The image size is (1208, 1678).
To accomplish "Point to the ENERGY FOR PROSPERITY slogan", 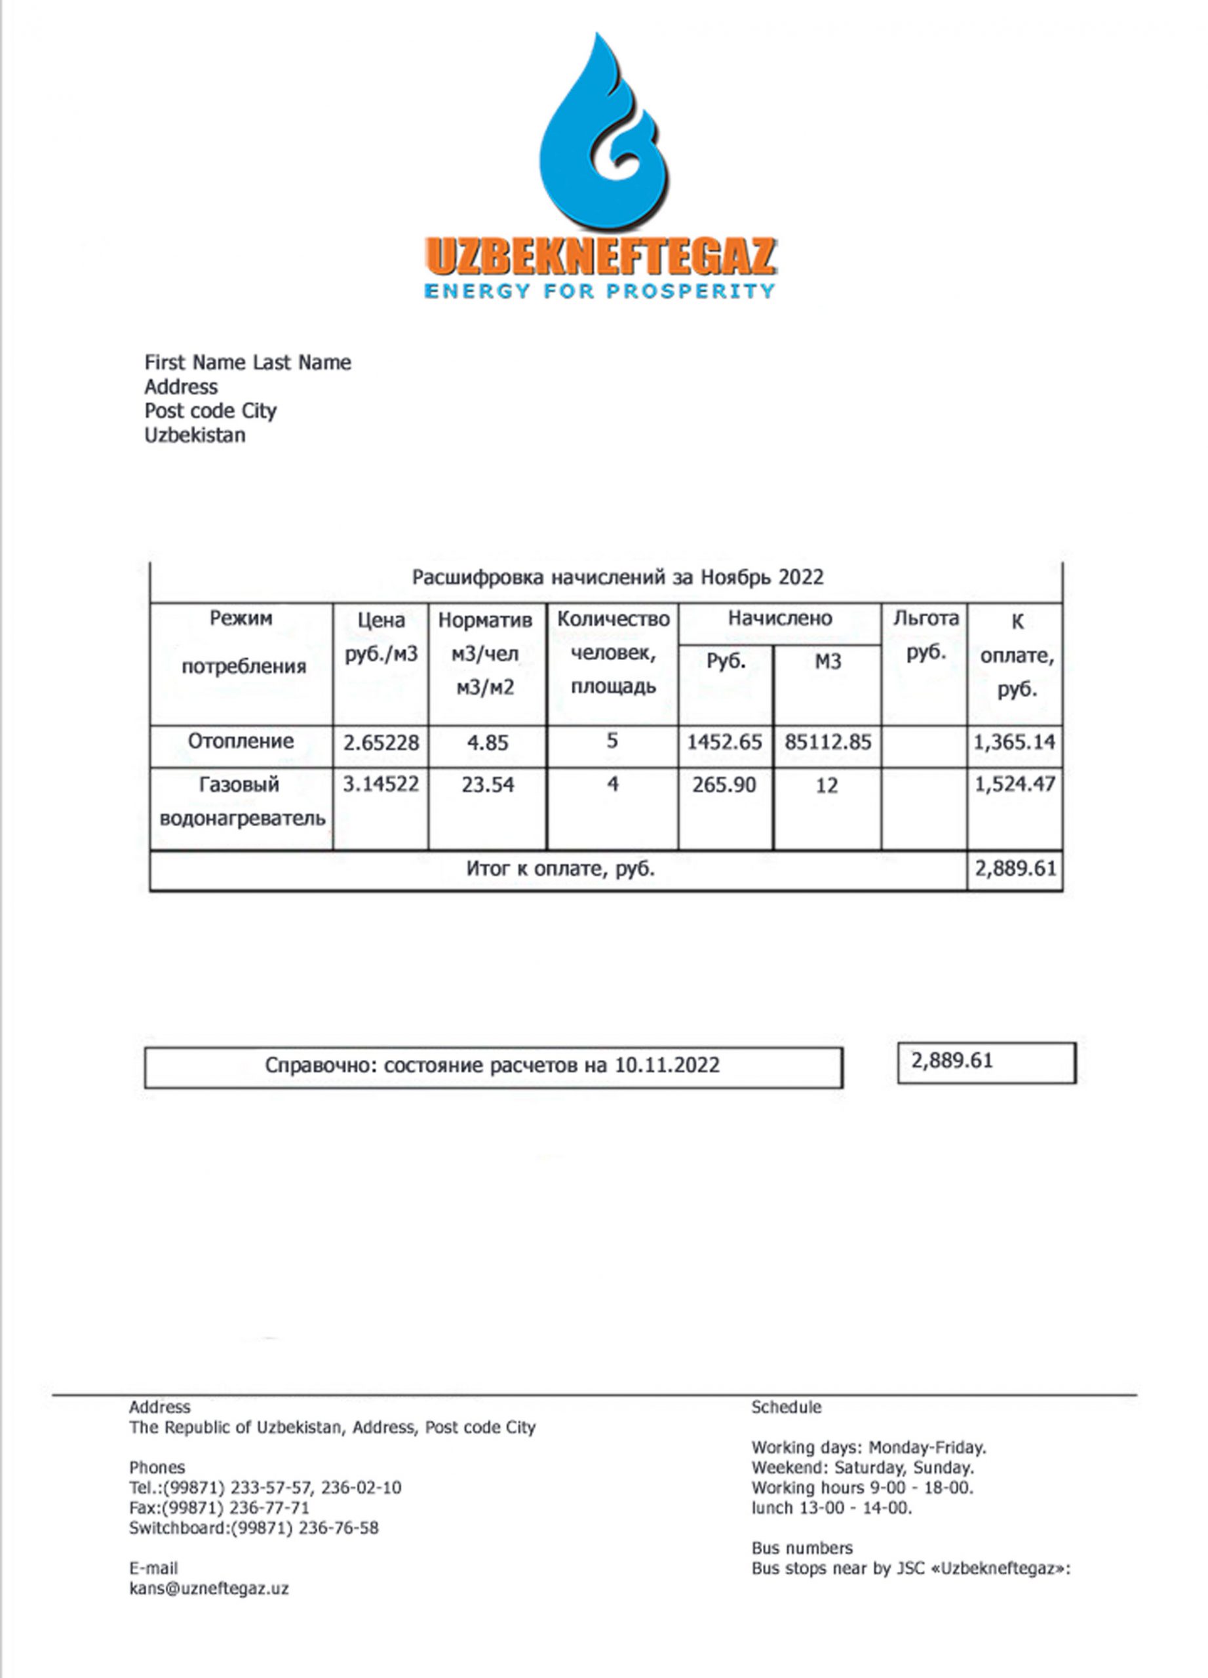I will tap(599, 291).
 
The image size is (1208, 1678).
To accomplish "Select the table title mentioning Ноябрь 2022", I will tap(617, 577).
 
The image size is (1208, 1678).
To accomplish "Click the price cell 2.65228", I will tap(380, 742).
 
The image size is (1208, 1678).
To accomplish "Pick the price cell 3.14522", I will tap(380, 783).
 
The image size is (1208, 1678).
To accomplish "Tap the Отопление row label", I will tap(241, 741).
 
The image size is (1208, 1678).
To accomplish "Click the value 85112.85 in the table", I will tap(827, 742).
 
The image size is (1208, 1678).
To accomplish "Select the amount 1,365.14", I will tap(1014, 742).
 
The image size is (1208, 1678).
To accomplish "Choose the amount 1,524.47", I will tap(1014, 783).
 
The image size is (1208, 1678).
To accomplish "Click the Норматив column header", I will tap(484, 620).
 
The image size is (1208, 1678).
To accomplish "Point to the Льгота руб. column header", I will tap(925, 634).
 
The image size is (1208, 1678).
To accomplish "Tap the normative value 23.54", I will tap(488, 784).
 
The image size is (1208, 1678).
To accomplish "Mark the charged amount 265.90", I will tap(724, 784).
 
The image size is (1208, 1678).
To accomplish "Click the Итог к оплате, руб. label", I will tap(560, 868).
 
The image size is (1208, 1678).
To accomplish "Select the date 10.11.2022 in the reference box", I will tap(667, 1065).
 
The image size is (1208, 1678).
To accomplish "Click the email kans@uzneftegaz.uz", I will tap(208, 1588).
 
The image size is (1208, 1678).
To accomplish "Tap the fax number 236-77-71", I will tap(270, 1507).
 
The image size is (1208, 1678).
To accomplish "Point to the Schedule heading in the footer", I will tap(786, 1407).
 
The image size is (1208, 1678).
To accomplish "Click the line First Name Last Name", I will tap(247, 362).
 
